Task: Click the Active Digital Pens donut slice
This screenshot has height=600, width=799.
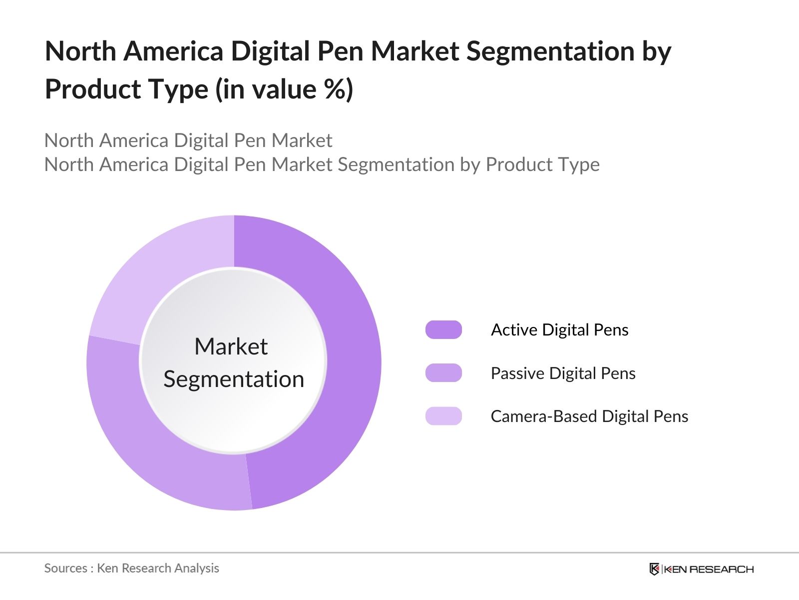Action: pos(350,360)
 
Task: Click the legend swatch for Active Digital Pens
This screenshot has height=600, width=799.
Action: pos(443,330)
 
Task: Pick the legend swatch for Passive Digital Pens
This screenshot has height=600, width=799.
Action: pos(443,373)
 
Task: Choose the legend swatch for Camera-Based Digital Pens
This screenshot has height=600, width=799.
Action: pos(443,416)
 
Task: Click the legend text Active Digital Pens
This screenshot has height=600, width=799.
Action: pos(559,330)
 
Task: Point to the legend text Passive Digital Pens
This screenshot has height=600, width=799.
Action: pos(563,373)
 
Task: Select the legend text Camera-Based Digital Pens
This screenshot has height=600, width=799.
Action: pos(589,416)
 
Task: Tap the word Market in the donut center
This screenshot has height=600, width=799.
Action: pos(231,346)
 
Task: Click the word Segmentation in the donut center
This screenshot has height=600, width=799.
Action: pos(234,379)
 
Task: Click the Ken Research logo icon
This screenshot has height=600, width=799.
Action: pos(654,569)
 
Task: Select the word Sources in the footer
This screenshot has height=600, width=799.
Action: pos(65,568)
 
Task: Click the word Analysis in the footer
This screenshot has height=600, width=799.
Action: pos(199,568)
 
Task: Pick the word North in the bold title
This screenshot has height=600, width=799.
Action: pos(80,51)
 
